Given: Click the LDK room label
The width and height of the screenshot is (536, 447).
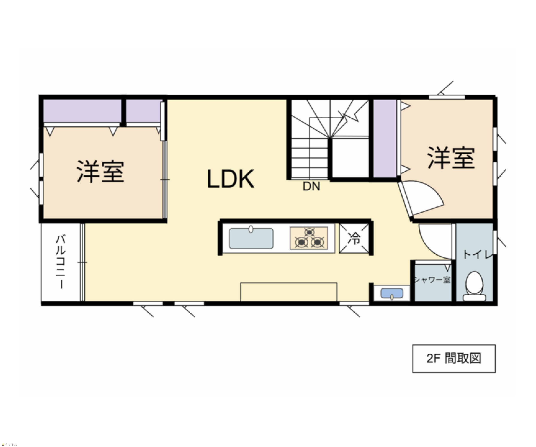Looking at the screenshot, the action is click(230, 179).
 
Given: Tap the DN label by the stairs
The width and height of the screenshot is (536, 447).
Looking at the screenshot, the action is click(311, 186).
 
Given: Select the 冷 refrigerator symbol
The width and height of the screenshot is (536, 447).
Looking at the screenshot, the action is click(354, 239).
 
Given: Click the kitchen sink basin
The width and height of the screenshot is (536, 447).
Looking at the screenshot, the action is click(251, 239).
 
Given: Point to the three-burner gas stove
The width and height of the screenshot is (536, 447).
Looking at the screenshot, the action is click(309, 238).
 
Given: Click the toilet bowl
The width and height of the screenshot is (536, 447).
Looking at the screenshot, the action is click(474, 286).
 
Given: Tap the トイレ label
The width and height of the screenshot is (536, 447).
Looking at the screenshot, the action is click(477, 255).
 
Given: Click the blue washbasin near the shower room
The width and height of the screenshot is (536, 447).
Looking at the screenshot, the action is click(392, 293).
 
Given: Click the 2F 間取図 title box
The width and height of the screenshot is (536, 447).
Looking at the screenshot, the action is click(454, 359).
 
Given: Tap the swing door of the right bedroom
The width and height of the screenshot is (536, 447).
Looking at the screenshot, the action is click(421, 198).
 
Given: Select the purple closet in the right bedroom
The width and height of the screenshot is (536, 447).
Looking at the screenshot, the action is click(385, 138).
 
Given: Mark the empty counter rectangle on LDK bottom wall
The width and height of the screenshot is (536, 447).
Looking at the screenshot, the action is click(289, 292).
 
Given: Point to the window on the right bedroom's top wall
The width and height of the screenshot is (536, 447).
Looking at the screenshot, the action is click(447, 97).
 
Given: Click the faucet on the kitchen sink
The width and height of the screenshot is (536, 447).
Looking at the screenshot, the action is click(251, 229).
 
